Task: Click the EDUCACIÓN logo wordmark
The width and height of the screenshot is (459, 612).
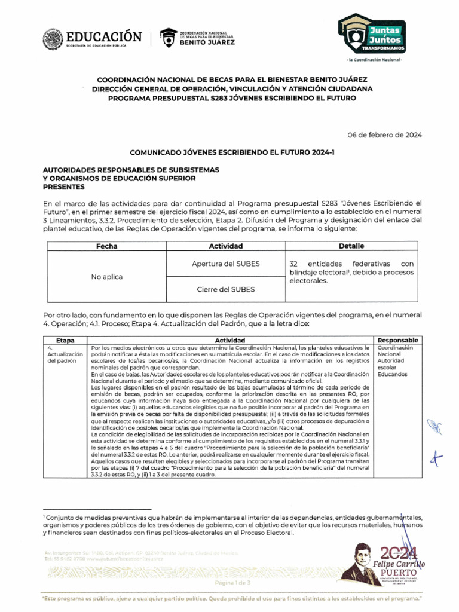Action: click(104, 36)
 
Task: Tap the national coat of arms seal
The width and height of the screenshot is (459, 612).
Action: click(53, 39)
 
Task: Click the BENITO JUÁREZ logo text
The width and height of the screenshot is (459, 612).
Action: click(207, 42)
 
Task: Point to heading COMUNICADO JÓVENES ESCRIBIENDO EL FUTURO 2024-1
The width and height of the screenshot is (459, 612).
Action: click(232, 153)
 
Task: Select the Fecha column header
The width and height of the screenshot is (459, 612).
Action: click(107, 246)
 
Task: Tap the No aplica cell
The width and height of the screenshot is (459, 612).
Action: click(107, 277)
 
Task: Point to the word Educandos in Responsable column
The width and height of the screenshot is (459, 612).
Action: click(392, 374)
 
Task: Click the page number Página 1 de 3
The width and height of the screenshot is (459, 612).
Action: click(232, 582)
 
